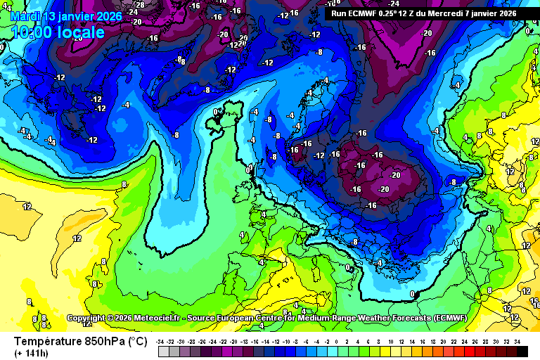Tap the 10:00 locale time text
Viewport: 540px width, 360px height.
click(x=58, y=32)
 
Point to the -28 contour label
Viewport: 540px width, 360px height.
click(x=139, y=4)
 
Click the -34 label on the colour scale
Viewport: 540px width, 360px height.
click(x=161, y=341)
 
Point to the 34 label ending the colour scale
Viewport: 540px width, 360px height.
click(x=517, y=341)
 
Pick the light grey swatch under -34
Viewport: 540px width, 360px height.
click(x=161, y=350)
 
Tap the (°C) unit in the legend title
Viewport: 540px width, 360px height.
click(x=136, y=342)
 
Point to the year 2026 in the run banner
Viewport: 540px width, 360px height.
click(x=505, y=13)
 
